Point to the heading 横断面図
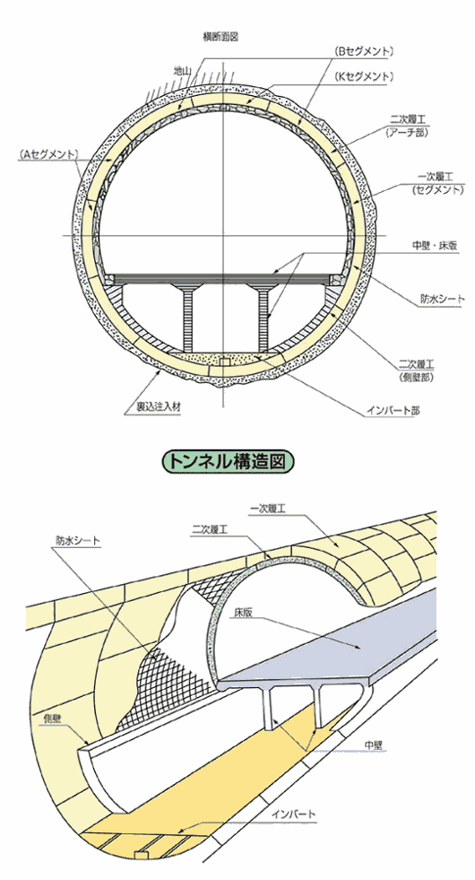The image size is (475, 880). pyautogui.click(x=220, y=38)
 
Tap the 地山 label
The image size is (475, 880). pyautogui.click(x=183, y=71)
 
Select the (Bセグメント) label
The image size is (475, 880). pyautogui.click(x=365, y=51)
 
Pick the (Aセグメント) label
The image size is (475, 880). pyautogui.click(x=47, y=153)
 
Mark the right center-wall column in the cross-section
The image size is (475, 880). pyautogui.click(x=263, y=317)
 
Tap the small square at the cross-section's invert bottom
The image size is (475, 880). pyautogui.click(x=224, y=362)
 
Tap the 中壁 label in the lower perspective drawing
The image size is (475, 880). pyautogui.click(x=374, y=745)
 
